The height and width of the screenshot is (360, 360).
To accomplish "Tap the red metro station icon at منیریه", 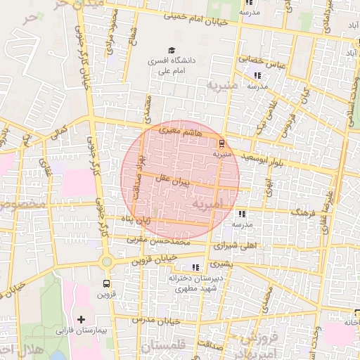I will click(x=222, y=142).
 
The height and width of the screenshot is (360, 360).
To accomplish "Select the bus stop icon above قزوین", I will click(x=106, y=284).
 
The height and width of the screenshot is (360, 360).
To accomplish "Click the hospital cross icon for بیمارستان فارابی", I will click(x=82, y=319).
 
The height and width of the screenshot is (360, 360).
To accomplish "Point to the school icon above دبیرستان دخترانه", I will click(x=195, y=267).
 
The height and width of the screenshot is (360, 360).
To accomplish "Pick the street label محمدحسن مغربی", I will click(x=158, y=241).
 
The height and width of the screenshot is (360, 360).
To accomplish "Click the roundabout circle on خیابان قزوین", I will click(x=106, y=262).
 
